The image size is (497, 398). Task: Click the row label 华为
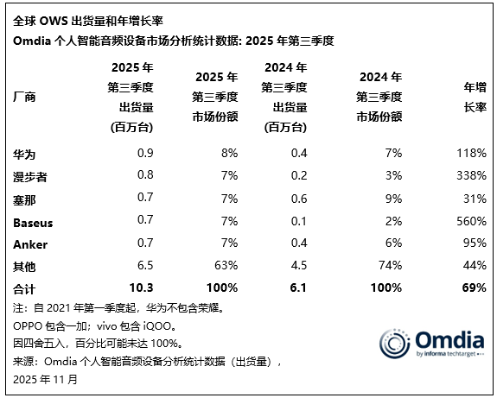(x=24, y=155)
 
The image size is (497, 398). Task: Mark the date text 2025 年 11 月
(x=45, y=378)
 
